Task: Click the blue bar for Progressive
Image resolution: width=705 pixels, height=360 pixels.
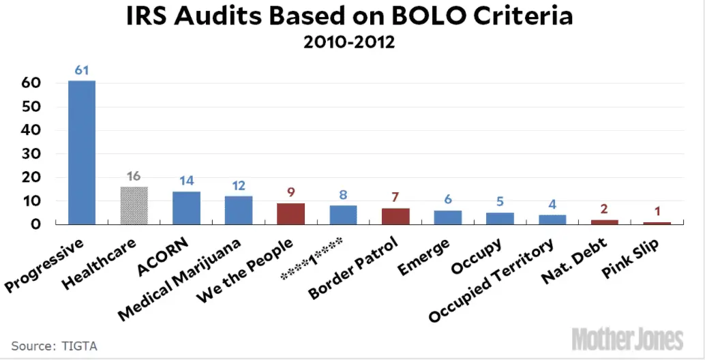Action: point(82,152)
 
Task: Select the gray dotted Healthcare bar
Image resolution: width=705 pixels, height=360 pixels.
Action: point(134,205)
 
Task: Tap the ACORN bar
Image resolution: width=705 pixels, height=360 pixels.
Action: point(186,207)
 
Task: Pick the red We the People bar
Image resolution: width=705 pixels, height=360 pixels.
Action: point(290,213)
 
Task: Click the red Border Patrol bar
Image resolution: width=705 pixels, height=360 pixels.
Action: point(395,215)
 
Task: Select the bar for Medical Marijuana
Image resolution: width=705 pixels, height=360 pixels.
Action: point(239,209)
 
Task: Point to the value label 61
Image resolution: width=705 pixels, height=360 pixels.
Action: point(82,70)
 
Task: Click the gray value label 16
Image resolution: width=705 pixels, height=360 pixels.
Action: point(134,177)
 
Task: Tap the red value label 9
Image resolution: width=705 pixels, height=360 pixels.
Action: point(290,193)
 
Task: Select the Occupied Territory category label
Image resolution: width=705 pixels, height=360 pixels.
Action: point(491,280)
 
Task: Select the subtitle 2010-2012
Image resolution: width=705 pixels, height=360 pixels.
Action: point(350,43)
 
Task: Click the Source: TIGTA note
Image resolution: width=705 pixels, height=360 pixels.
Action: point(55,346)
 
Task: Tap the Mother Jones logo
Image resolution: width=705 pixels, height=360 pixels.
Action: point(627,337)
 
